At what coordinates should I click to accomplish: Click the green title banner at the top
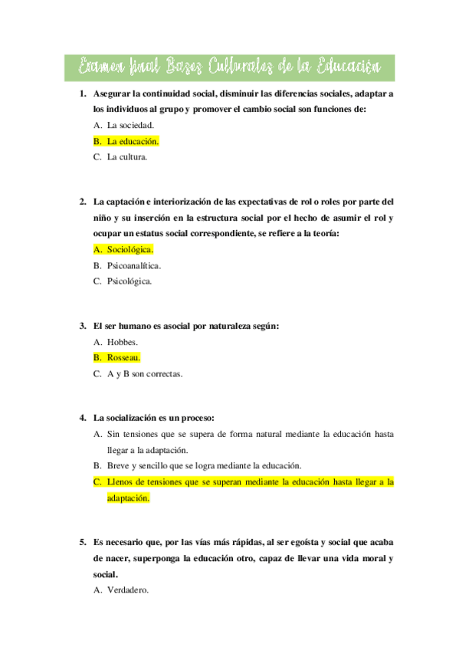[229, 67]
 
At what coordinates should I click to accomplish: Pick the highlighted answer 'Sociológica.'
[130, 249]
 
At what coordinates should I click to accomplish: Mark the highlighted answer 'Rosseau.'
[124, 358]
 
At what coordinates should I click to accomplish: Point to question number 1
[83, 94]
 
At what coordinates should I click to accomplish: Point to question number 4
[83, 418]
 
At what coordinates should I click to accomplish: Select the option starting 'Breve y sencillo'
[205, 465]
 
